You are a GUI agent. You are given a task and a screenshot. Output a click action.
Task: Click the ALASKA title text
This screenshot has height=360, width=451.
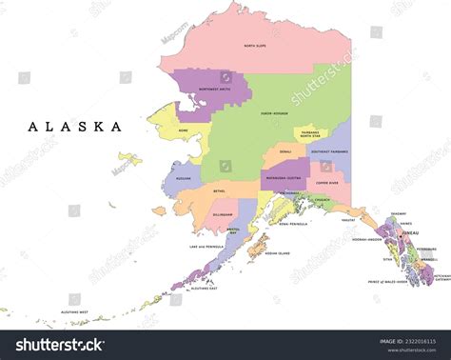pos(75,127)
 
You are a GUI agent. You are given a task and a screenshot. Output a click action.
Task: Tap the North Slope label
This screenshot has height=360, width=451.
pos(254,46)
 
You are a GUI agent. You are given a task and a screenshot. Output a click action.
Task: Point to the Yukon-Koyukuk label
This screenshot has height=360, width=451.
pos(273,112)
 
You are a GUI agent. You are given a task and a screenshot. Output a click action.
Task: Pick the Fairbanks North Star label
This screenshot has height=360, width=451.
pos(310,134)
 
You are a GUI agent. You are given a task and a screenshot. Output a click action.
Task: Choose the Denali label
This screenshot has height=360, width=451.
pos(285,150)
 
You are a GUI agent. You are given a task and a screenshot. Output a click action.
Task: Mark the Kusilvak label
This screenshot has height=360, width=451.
pos(184,178)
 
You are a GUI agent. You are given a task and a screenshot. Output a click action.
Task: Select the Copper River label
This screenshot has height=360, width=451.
pos(327,181)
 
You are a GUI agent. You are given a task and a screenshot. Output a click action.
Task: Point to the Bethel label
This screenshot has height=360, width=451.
pos(220,190)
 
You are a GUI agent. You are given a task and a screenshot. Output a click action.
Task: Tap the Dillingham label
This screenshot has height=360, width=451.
pos(224,215)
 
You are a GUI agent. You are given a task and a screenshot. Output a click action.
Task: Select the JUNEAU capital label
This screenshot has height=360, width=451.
pos(410,231)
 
